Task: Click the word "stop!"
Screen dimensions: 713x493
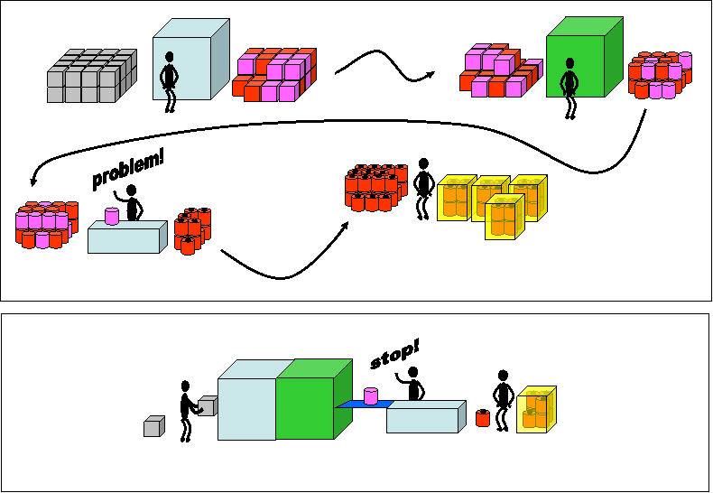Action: tap(394, 355)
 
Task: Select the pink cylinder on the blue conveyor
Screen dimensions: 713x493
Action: tap(371, 395)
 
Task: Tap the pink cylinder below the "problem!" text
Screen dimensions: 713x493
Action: tap(112, 216)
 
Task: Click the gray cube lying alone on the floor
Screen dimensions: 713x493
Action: tap(154, 426)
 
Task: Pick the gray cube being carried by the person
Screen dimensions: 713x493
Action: tap(208, 405)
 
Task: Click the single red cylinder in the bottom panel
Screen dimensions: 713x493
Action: tap(483, 418)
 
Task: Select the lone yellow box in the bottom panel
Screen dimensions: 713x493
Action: tap(537, 409)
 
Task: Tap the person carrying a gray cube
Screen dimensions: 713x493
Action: tap(188, 411)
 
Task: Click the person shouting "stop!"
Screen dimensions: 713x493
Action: tap(412, 384)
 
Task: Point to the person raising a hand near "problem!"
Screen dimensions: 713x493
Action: tap(130, 202)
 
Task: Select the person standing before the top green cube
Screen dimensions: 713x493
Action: tap(569, 88)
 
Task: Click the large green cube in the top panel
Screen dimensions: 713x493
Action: tap(585, 57)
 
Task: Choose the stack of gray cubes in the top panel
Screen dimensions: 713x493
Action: tap(92, 76)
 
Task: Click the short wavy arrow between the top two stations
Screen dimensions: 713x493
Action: tap(384, 65)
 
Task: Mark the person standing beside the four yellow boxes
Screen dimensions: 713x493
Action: tap(423, 189)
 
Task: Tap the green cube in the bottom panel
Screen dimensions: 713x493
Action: tap(314, 399)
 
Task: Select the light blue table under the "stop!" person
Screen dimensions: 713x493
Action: tap(427, 416)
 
